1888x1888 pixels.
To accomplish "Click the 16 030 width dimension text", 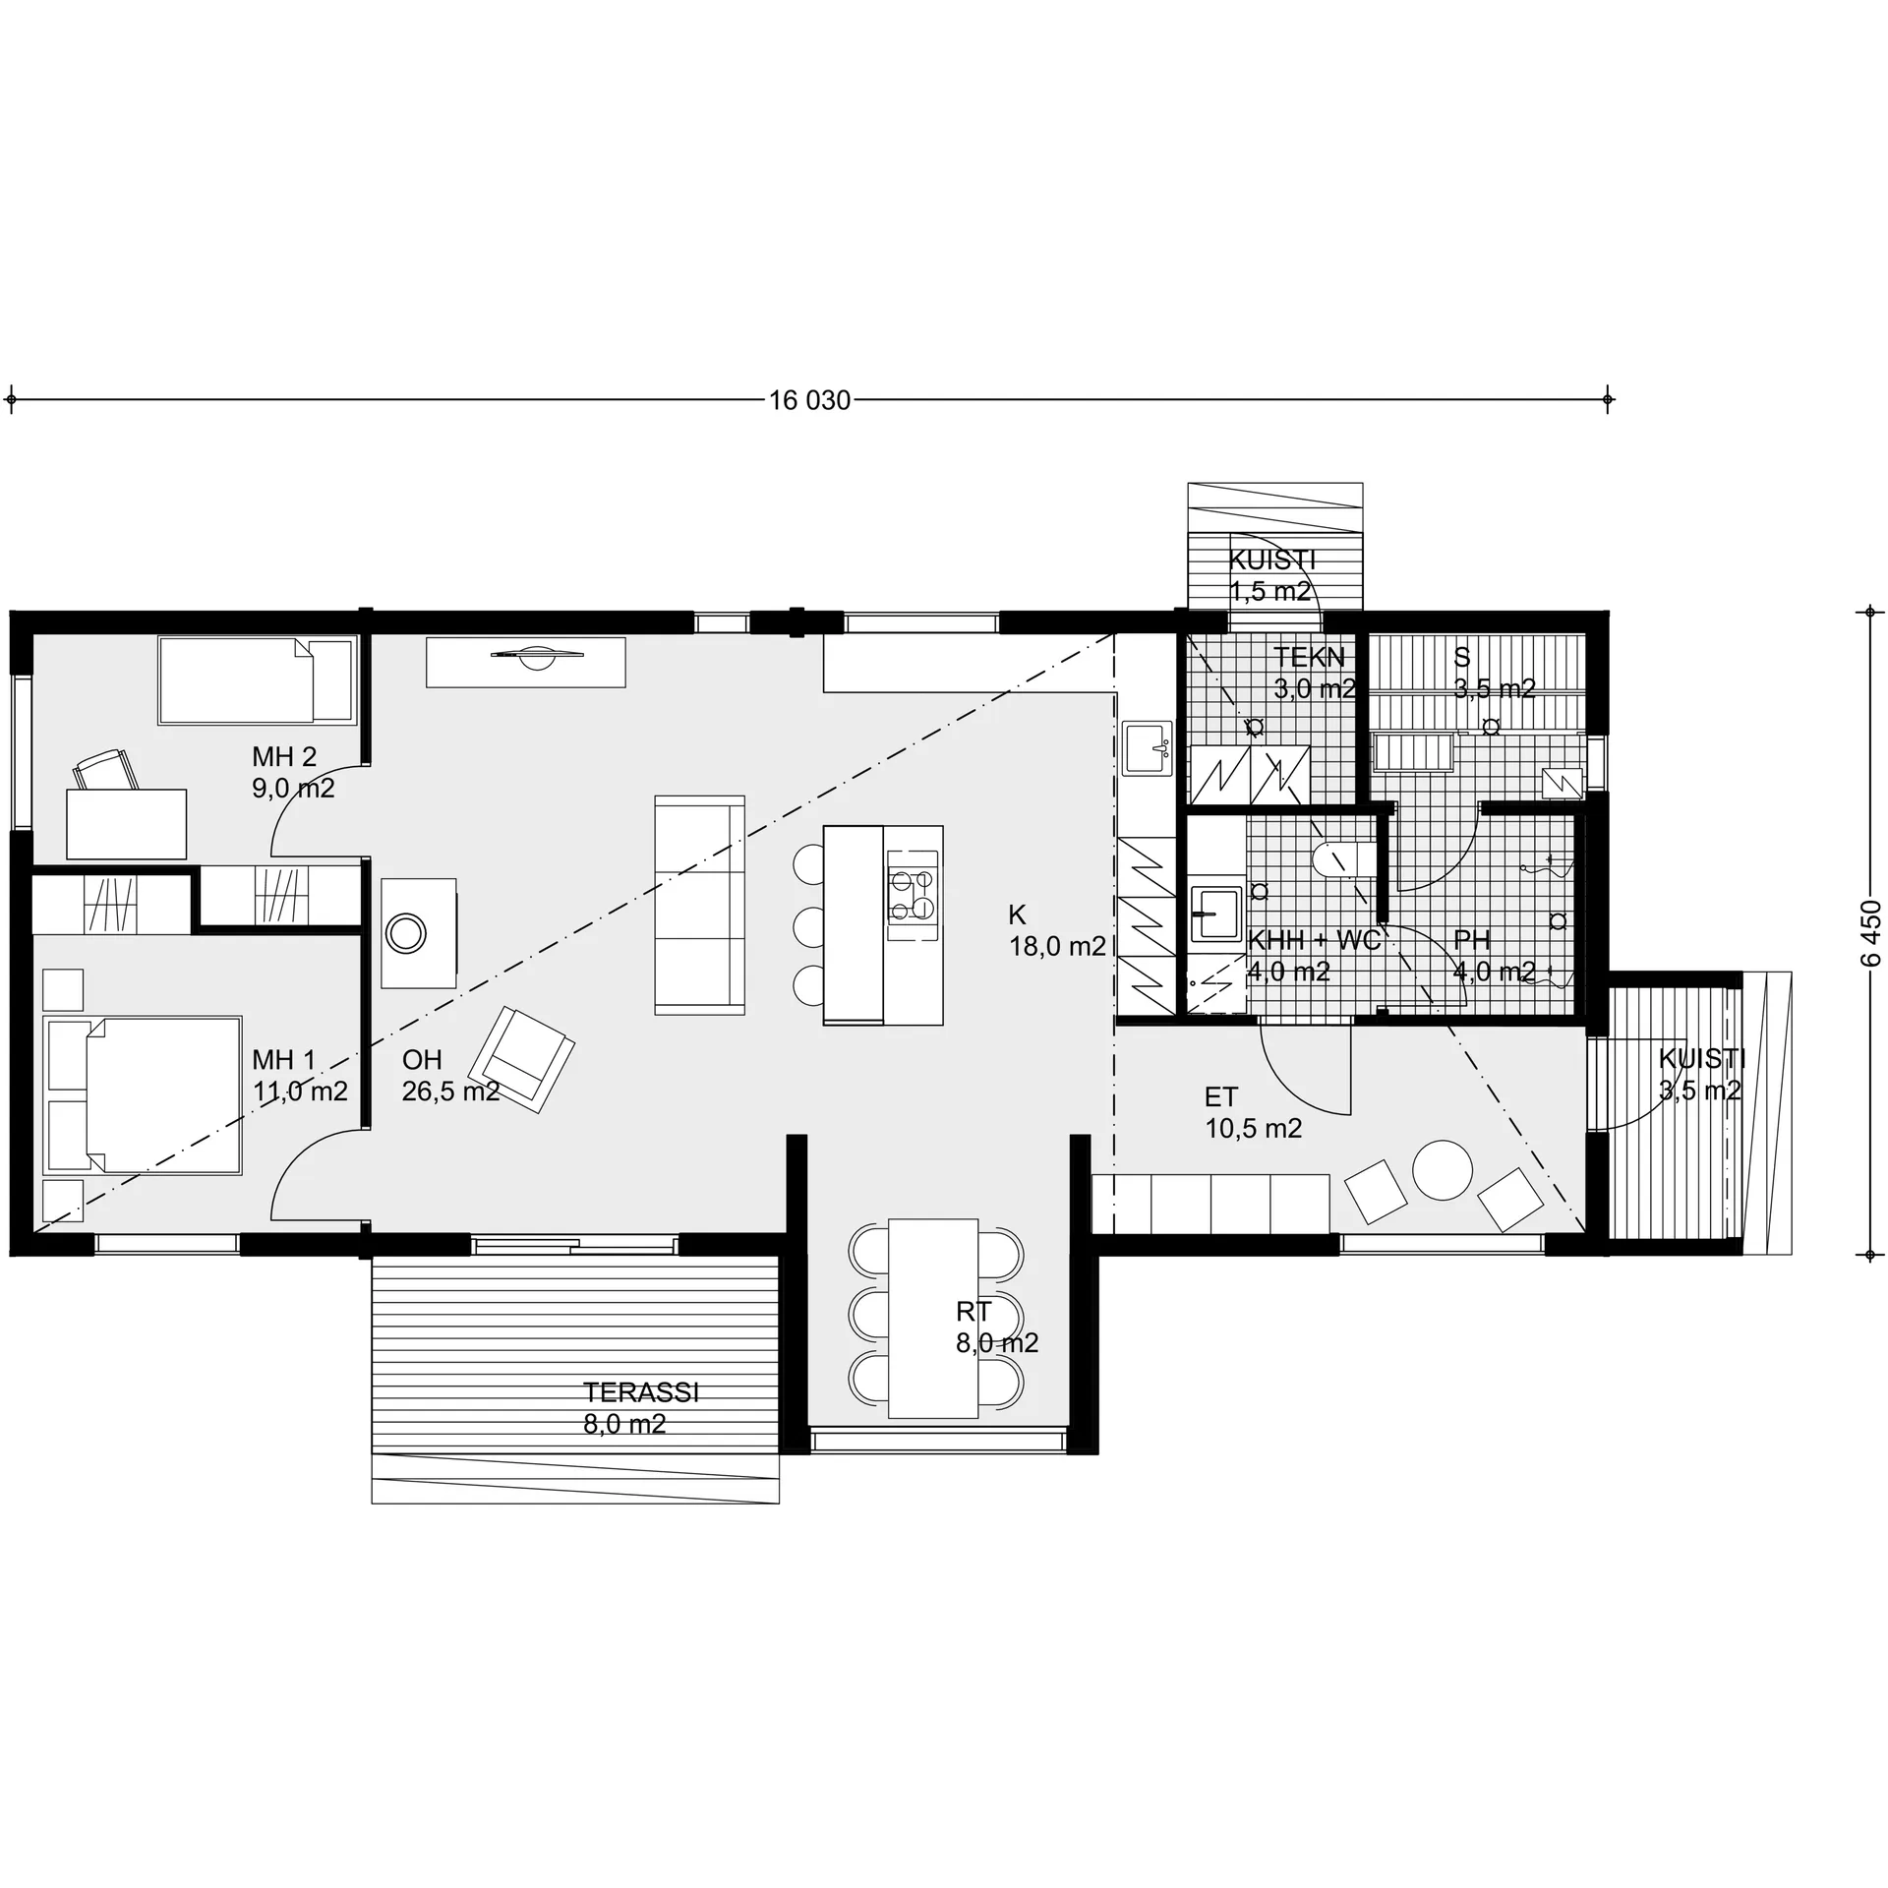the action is (809, 400).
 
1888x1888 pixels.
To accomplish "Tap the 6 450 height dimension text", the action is (1870, 934).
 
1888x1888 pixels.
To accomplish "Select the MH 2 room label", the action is (284, 756).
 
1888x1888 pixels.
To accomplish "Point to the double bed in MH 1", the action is (143, 1095).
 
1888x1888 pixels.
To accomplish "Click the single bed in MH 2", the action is (256, 680).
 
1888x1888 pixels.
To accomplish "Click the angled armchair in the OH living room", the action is (521, 1059).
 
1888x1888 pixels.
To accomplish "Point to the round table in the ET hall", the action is (1443, 1169).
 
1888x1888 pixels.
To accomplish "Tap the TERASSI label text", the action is (641, 1392).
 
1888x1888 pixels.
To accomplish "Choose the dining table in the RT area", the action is (932, 1319).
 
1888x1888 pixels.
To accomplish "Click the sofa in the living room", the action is (700, 905).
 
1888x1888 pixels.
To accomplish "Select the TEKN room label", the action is (1309, 657).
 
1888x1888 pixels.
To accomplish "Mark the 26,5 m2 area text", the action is (451, 1091).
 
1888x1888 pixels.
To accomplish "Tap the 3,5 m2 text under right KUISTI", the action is (1700, 1090).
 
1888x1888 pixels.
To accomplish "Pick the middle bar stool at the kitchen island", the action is (809, 926).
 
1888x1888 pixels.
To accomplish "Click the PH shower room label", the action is (1472, 940).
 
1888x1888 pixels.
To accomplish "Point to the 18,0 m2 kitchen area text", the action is (1057, 946).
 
